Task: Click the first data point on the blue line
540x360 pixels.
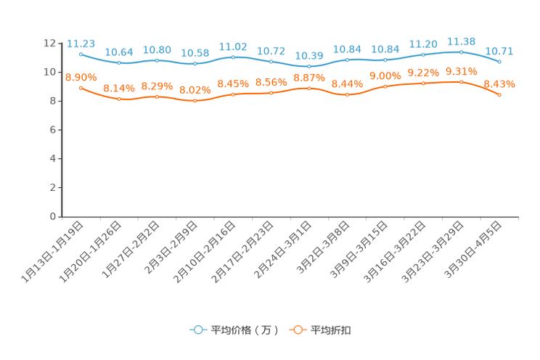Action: pyautogui.click(x=81, y=54)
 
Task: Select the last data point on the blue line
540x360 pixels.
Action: pyautogui.click(x=499, y=62)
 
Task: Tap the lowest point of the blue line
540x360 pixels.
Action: pyautogui.click(x=309, y=67)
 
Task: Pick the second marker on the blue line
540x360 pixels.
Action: pyautogui.click(x=119, y=63)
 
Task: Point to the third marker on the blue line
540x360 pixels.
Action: pyautogui.click(x=157, y=60)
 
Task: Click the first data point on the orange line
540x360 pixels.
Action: pyautogui.click(x=81, y=87)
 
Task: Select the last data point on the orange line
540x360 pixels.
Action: pyautogui.click(x=499, y=95)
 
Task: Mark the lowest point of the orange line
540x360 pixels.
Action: pyautogui.click(x=195, y=102)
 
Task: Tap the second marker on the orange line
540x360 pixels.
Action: pyautogui.click(x=119, y=99)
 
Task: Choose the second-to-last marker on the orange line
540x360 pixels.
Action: pyautogui.click(x=461, y=81)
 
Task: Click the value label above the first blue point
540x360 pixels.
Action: pyautogui.click(x=81, y=43)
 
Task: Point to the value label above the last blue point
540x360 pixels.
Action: pyautogui.click(x=499, y=51)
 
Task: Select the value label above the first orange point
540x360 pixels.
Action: pyautogui.click(x=81, y=76)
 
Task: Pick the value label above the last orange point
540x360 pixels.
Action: pyautogui.click(x=499, y=84)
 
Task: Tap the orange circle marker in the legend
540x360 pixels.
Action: pyautogui.click(x=297, y=330)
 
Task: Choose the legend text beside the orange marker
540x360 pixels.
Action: pyautogui.click(x=332, y=330)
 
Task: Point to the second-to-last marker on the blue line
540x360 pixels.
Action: pyautogui.click(x=461, y=52)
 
